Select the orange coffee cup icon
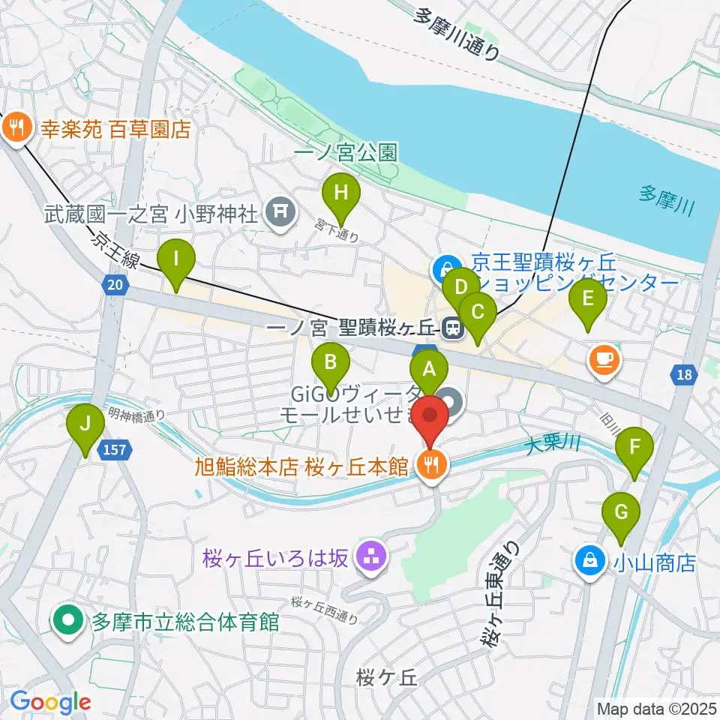[x=604, y=358]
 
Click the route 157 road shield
[x=124, y=450]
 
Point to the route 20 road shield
[x=115, y=284]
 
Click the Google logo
[x=51, y=702]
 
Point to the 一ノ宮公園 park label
[x=345, y=153]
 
